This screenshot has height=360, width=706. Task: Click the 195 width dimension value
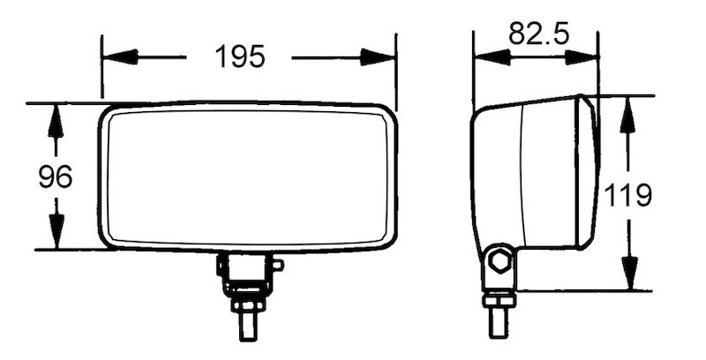[239, 57]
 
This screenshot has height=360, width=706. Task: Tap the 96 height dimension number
[55, 177]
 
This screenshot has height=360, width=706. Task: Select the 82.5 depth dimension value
[538, 34]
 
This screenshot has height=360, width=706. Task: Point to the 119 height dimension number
[627, 195]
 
